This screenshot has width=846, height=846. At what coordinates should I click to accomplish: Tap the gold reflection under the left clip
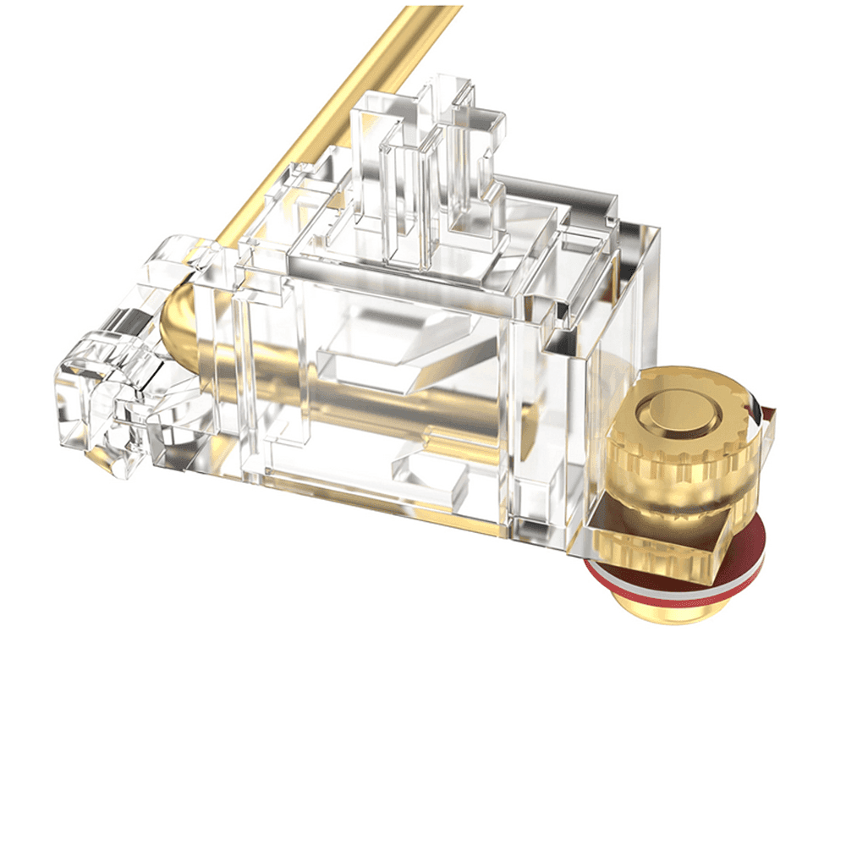point(102,457)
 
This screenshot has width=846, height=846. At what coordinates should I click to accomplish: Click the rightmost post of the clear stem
point(482,152)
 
